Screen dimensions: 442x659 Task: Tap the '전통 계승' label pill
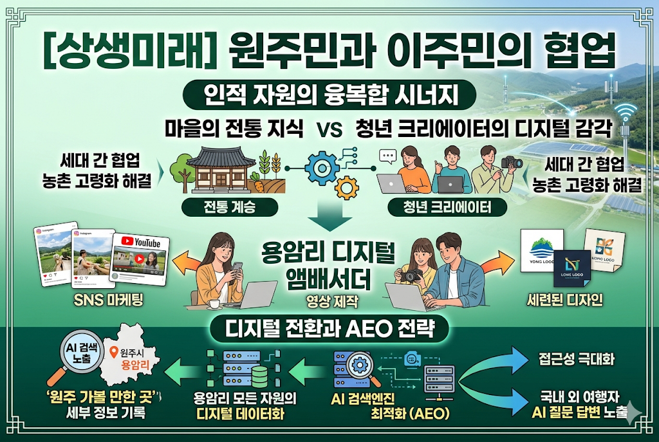pos(221,207)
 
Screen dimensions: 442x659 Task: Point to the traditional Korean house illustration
pos(212,169)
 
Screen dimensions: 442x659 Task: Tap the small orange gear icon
pos(348,187)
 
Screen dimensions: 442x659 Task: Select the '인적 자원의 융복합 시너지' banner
pos(329,96)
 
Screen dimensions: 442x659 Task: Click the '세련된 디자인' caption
pos(564,300)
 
